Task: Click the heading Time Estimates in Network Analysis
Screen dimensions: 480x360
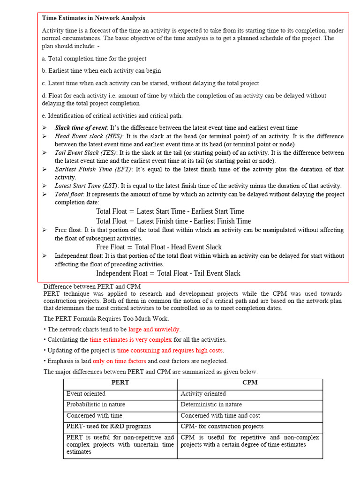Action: (93, 18)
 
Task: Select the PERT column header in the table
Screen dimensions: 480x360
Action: (120, 382)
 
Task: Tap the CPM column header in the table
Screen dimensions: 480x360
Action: (250, 382)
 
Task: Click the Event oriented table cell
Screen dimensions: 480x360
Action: (86, 394)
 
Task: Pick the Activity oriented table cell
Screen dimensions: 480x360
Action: (203, 394)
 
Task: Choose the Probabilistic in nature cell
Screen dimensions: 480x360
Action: (96, 405)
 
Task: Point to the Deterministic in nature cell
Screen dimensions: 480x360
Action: (212, 405)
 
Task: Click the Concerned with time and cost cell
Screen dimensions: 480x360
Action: (221, 415)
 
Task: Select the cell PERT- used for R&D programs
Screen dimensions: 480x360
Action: (109, 427)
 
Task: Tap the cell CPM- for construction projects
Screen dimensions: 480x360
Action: (222, 427)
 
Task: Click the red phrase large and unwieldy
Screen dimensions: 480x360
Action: (154, 330)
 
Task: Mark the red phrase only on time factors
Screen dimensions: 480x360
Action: (120, 361)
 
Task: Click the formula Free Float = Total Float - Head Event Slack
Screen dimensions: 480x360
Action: (159, 247)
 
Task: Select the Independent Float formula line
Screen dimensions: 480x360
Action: (168, 273)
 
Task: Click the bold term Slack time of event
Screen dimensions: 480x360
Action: (81, 127)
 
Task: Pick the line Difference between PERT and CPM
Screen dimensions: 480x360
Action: (92, 286)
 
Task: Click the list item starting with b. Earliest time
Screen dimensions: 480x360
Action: (101, 71)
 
